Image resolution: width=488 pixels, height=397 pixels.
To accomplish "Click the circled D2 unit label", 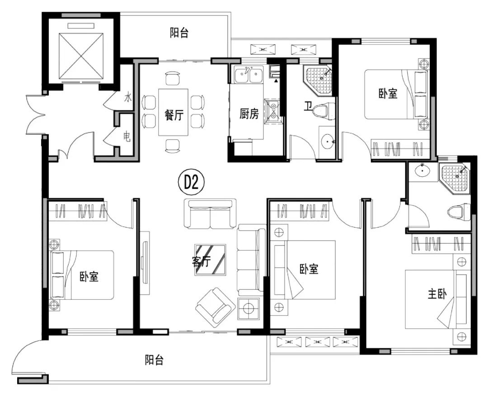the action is (x=191, y=183).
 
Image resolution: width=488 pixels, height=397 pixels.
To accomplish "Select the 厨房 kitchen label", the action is (x=249, y=113).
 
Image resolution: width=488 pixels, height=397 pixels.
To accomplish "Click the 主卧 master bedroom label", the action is (x=437, y=294).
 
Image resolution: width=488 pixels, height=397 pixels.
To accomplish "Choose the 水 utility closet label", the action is (x=128, y=98).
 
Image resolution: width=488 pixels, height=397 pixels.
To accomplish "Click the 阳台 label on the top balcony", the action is (x=179, y=33).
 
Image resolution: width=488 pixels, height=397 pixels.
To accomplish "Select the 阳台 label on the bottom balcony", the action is (x=154, y=360).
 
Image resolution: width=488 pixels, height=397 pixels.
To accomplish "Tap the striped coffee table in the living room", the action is (x=211, y=260).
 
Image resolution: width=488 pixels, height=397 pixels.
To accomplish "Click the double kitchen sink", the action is (x=249, y=75).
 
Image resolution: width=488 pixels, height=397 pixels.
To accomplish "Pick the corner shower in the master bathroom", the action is (x=455, y=179).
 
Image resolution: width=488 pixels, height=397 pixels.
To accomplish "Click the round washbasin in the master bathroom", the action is (x=422, y=170).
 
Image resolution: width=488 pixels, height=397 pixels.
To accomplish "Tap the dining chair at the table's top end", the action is (x=173, y=78).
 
